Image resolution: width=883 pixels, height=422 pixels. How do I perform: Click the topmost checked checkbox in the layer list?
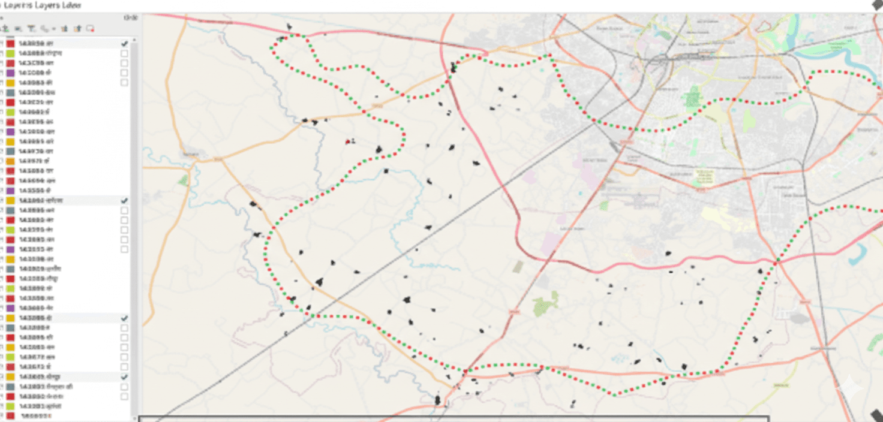(x=124, y=44)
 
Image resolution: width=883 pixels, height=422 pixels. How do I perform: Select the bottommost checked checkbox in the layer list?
(x=124, y=376)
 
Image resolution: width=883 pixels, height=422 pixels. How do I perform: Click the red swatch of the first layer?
(x=10, y=44)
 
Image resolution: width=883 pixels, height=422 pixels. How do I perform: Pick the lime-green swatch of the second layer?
(x=10, y=53)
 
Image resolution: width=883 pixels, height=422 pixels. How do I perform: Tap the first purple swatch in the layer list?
(x=10, y=73)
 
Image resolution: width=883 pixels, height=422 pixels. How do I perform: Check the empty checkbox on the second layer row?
(x=124, y=53)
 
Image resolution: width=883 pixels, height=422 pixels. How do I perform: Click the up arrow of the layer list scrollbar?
(x=133, y=40)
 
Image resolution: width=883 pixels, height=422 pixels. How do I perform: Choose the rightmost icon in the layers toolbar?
(x=90, y=28)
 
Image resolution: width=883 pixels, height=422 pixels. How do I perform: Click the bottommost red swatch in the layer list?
(x=10, y=415)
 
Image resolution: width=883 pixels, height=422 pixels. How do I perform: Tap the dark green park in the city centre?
(x=693, y=96)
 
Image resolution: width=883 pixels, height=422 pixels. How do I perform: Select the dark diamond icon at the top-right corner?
(x=877, y=5)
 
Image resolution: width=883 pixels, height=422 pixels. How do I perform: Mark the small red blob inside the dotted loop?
(x=347, y=141)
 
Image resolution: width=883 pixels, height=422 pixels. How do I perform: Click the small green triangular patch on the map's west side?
(x=182, y=179)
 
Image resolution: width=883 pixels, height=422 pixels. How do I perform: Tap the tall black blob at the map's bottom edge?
(x=437, y=399)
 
